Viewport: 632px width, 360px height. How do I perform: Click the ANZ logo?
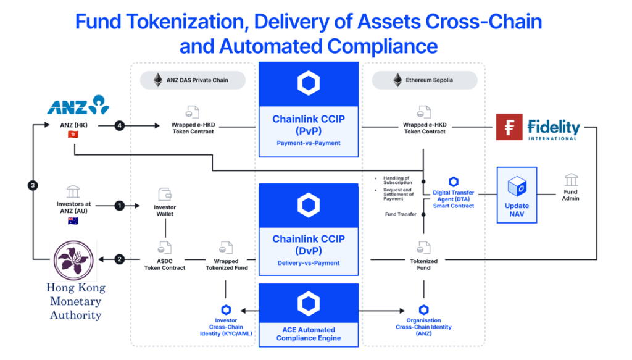point(78,106)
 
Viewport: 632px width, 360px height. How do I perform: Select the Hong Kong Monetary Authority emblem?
point(74,260)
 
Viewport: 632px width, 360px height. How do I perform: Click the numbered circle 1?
point(119,206)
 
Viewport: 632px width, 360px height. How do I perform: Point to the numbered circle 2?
point(119,259)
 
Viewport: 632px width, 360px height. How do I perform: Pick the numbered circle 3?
point(32,185)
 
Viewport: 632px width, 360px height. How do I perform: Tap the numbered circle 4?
point(119,127)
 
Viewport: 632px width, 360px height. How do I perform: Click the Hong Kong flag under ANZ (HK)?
point(73,134)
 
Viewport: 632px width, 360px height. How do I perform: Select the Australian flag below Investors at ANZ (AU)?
point(73,220)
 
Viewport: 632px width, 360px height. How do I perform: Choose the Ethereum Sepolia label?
point(425,80)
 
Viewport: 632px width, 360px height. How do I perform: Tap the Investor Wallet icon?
point(165,194)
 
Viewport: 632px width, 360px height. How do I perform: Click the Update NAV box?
point(517,195)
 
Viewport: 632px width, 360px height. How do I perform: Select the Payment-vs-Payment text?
point(308,143)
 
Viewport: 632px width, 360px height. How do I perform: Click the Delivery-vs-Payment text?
point(308,263)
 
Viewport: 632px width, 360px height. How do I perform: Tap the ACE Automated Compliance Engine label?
point(308,333)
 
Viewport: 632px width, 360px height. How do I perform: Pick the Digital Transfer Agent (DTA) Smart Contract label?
point(454,199)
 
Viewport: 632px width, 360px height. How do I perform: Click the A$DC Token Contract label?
point(165,264)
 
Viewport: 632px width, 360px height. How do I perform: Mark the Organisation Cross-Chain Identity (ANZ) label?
point(423,327)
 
